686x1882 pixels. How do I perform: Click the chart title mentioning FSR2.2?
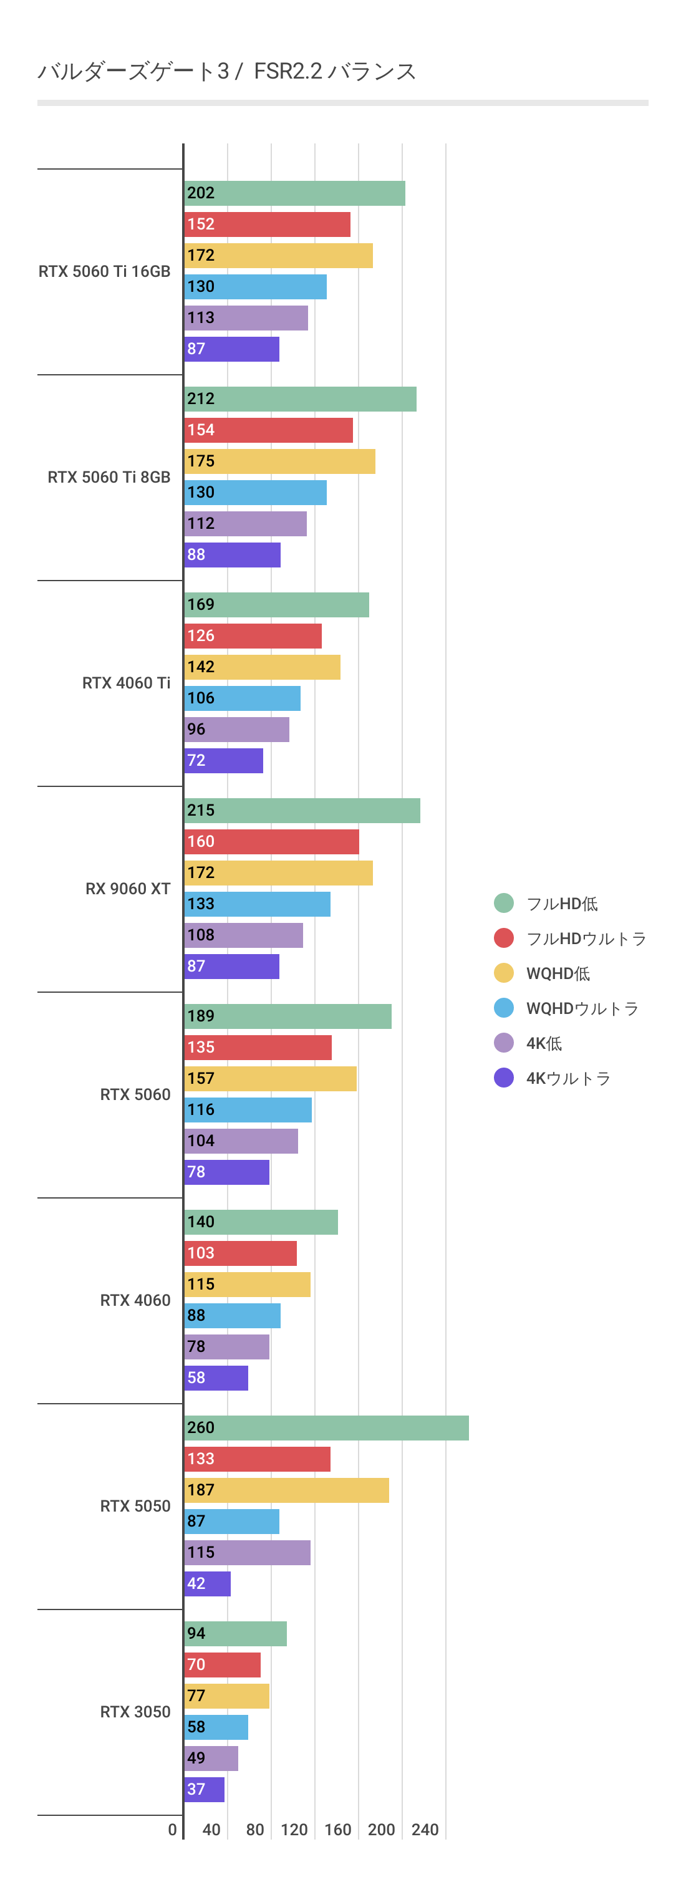(x=226, y=71)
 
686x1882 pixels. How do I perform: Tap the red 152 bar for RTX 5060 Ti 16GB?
(x=268, y=224)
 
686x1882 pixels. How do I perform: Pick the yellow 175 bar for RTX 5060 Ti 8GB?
(x=280, y=461)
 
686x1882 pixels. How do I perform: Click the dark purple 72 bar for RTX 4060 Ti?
(x=223, y=761)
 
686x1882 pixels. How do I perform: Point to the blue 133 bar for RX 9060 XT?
(x=257, y=904)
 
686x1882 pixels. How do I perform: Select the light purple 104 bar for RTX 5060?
(x=241, y=1141)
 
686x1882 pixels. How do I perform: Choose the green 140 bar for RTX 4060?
(x=261, y=1222)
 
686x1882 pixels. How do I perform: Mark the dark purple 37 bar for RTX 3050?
(x=205, y=1789)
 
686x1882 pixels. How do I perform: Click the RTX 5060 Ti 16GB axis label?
(x=105, y=271)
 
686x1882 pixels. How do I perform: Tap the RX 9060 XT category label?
(x=128, y=889)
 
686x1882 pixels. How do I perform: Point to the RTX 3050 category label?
(x=135, y=1712)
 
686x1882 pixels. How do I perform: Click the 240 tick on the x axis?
(x=425, y=1830)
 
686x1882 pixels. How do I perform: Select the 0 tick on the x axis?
(x=172, y=1830)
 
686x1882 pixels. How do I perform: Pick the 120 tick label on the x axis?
(x=294, y=1830)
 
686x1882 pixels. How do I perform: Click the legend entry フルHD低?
(x=562, y=904)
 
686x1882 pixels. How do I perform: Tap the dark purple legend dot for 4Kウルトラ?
(x=503, y=1078)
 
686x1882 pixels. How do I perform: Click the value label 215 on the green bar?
(x=201, y=810)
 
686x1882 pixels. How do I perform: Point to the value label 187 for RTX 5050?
(x=201, y=1490)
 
